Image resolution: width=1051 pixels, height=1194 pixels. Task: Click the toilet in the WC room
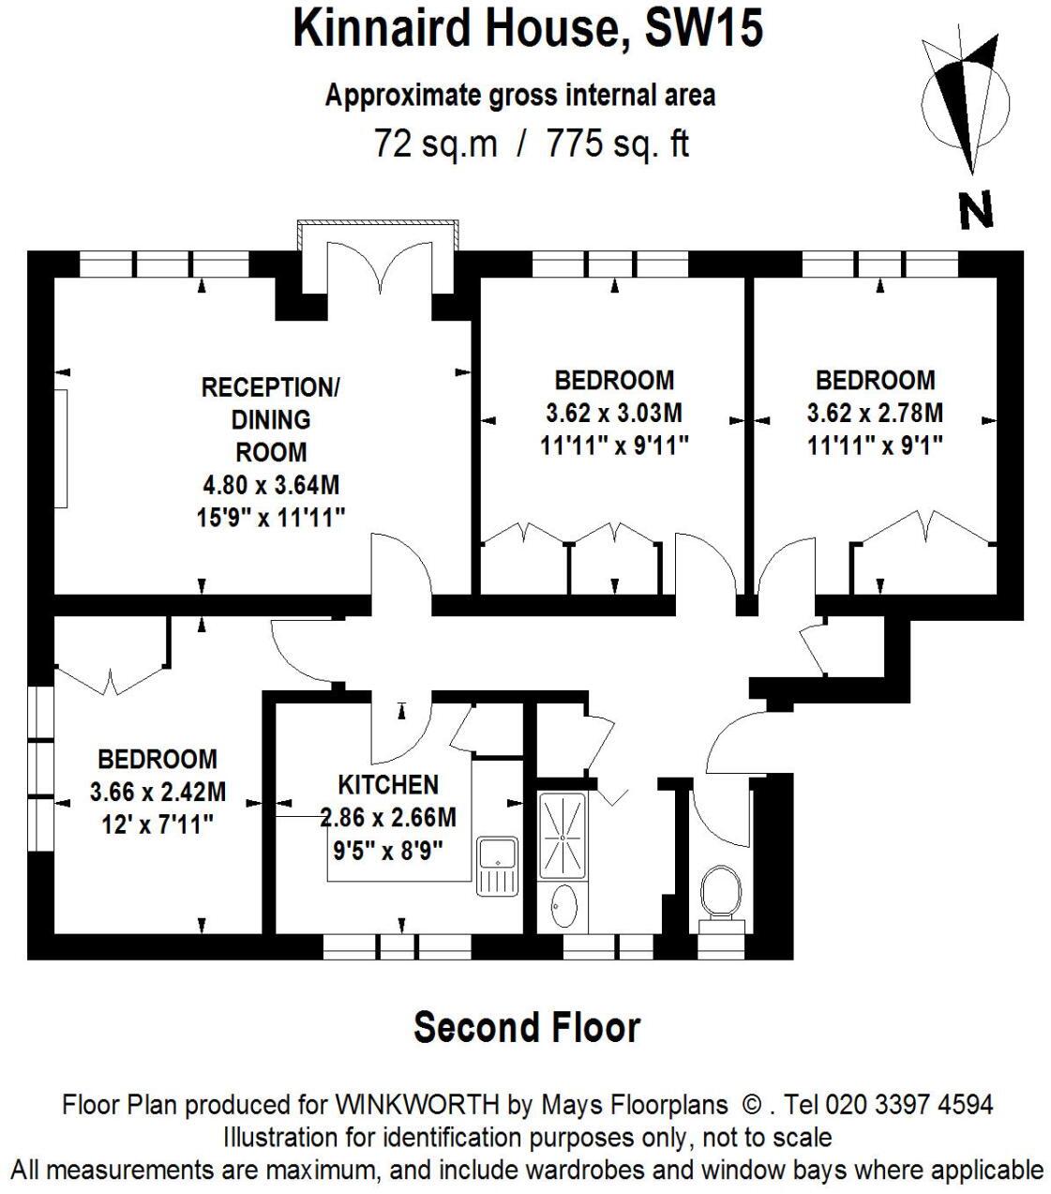[x=720, y=891]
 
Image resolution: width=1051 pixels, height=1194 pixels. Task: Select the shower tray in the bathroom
[x=562, y=834]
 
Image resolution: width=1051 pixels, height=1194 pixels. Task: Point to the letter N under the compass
[x=975, y=211]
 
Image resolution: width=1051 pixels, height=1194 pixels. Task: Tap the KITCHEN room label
[x=388, y=784]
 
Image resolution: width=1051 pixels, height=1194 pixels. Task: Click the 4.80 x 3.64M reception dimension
[x=272, y=485]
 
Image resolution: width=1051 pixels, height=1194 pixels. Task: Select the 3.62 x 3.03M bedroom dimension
[x=614, y=413]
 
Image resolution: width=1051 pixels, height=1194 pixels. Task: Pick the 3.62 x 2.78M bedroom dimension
[x=875, y=413]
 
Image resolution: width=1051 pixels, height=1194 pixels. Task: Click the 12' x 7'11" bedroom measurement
[x=158, y=825]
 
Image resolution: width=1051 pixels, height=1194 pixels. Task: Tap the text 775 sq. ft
[x=618, y=144]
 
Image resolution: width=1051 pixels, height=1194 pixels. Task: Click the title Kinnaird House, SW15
[x=527, y=28]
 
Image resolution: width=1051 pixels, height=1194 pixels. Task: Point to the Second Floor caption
[x=527, y=1027]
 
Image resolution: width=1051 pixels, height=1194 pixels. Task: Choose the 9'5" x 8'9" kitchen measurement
[x=388, y=850]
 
